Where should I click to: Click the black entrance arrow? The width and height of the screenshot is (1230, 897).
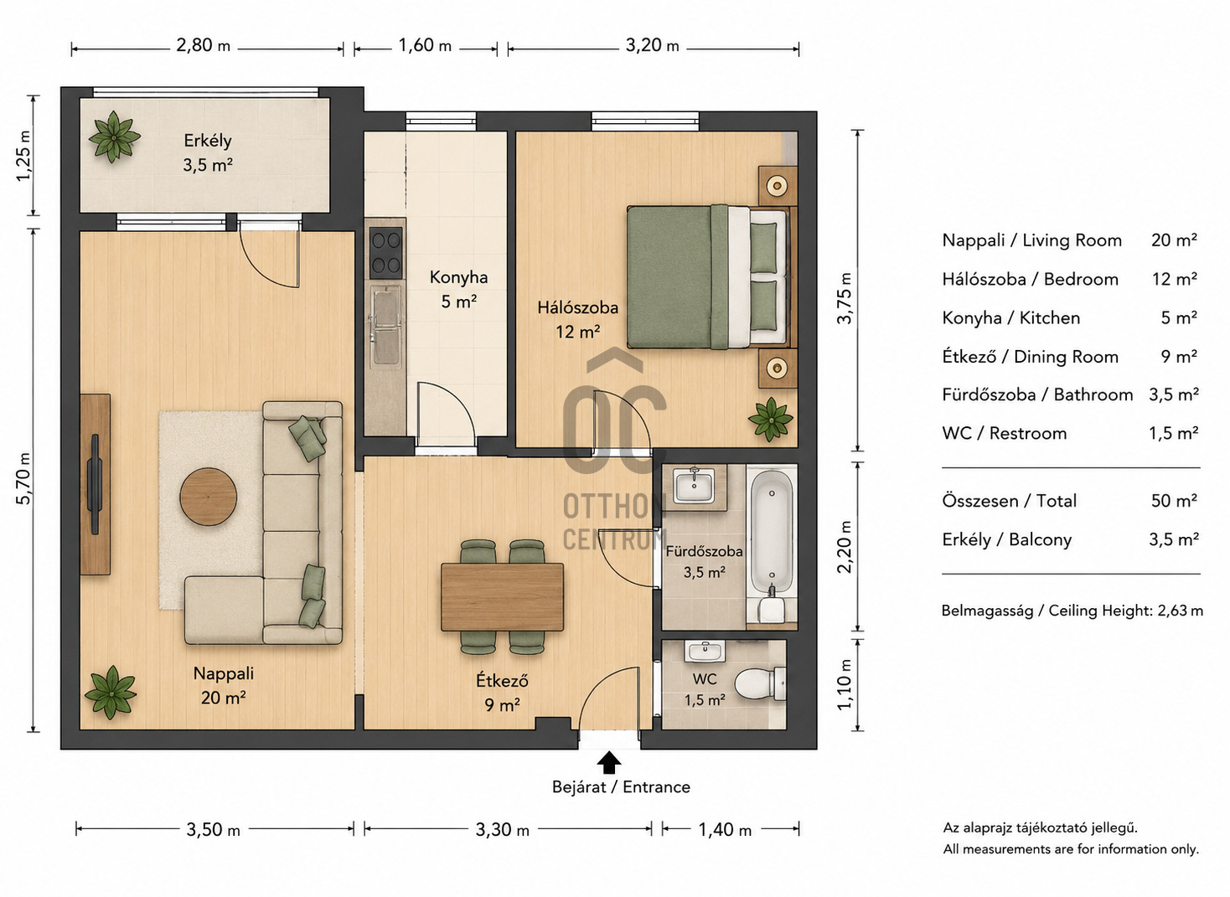pos(609,763)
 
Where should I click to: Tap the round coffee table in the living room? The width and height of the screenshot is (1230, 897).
pos(209,497)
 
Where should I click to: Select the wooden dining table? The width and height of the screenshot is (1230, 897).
pos(503,596)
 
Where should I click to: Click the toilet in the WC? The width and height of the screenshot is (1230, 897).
pos(761,684)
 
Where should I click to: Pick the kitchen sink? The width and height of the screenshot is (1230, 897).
pos(386,327)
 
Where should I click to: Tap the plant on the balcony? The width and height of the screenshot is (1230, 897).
pos(114,137)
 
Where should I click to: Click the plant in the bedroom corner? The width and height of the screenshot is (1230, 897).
pos(771,419)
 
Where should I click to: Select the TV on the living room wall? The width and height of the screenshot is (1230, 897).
pos(95,484)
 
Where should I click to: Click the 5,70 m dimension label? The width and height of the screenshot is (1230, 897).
pos(24,478)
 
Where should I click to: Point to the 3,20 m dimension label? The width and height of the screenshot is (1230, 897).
pos(653,45)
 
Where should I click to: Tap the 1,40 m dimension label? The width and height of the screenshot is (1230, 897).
pos(725,829)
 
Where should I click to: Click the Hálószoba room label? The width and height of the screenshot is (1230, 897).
pos(577,307)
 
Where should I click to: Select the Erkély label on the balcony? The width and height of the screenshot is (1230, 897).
pos(208,141)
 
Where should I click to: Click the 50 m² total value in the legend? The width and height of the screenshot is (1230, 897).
pos(1174,501)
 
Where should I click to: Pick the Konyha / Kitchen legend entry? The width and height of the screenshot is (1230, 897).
pos(1011,318)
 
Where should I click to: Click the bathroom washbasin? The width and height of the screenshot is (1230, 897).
pos(694,487)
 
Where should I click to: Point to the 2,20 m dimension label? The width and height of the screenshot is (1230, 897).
pos(845,547)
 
